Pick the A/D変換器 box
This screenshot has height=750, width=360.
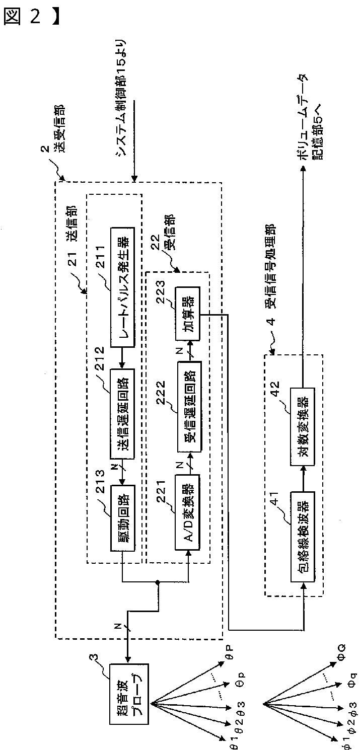(187, 511)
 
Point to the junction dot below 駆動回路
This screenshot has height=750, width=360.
(158, 583)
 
